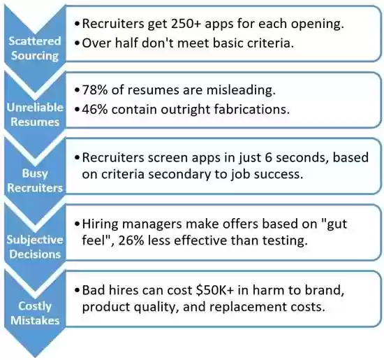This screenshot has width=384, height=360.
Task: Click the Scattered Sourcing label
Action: click(35, 48)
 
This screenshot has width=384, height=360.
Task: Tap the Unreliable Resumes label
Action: click(35, 115)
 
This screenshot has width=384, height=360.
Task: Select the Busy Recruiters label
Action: click(35, 180)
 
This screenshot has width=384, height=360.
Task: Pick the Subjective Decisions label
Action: click(35, 247)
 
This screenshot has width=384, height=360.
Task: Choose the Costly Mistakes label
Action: click(35, 313)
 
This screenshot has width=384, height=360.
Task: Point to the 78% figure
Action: click(95, 90)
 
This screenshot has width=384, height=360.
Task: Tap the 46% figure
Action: click(95, 109)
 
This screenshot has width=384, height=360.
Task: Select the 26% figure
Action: click(131, 240)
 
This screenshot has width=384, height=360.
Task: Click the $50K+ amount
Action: click(215, 290)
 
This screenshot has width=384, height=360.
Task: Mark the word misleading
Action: click(242, 90)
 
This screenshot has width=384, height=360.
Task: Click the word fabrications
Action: click(252, 109)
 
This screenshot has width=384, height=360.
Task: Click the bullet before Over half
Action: click(77, 43)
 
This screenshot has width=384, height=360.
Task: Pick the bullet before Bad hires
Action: click(77, 291)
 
